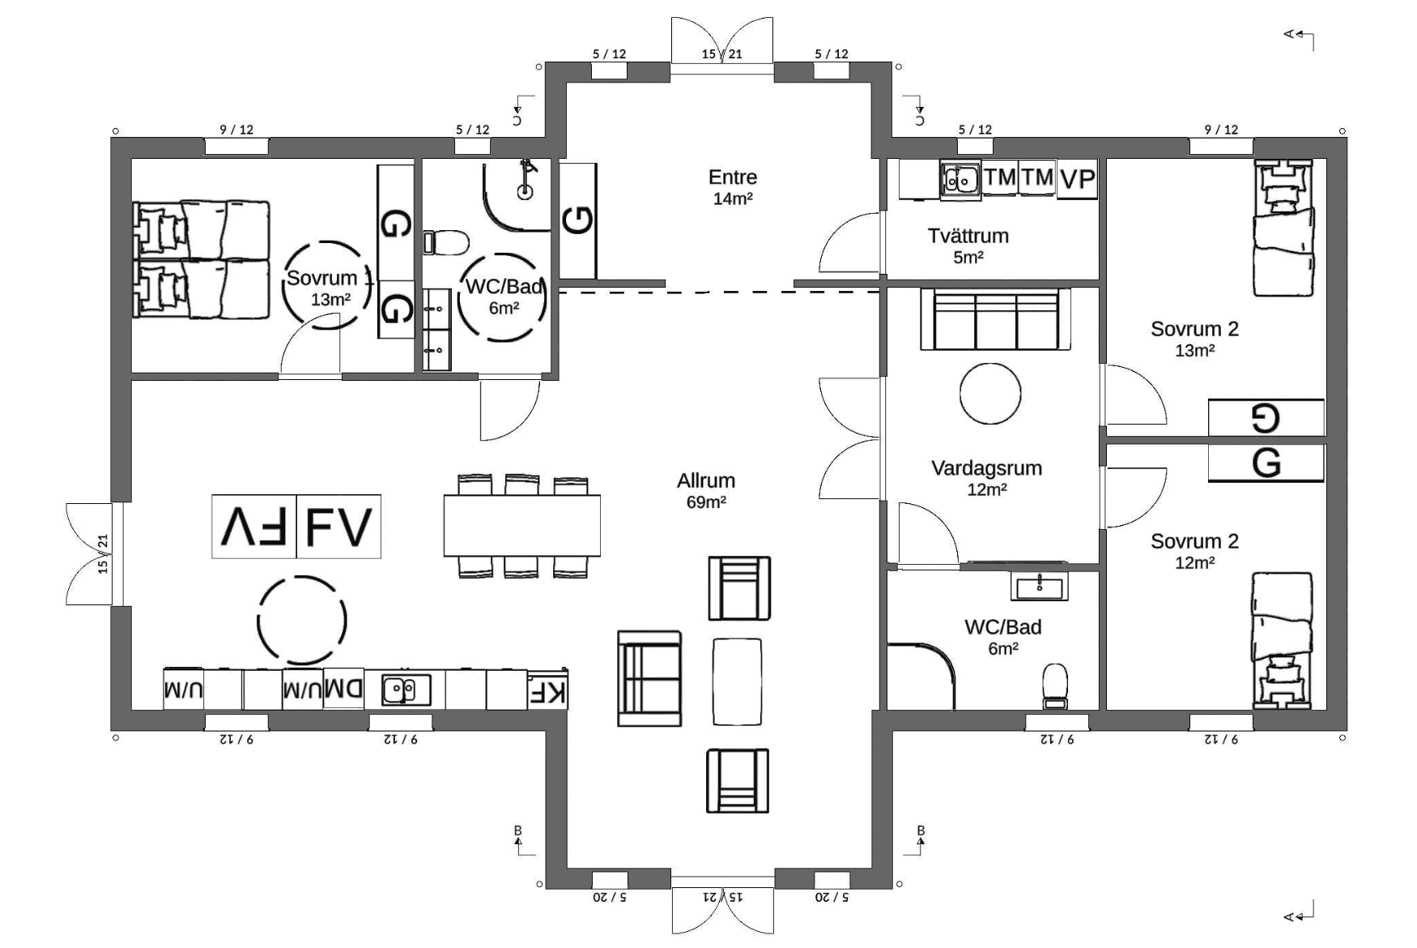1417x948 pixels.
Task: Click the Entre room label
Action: pos(733,187)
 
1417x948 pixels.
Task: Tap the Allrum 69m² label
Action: pos(706,490)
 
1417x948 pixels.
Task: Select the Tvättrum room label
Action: pos(968,246)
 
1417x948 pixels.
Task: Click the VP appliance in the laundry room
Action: pos(1078,179)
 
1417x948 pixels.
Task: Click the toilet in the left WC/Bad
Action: pos(446,241)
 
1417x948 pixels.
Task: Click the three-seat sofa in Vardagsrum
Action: pos(996,319)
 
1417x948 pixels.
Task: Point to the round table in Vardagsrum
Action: pos(989,393)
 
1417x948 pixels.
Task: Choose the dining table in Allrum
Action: pos(521,525)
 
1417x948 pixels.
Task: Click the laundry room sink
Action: pos(961,180)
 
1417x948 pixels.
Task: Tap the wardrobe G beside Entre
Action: pos(578,220)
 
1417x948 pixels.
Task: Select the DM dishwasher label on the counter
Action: pos(344,690)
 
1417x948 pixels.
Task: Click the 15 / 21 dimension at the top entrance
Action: pos(721,54)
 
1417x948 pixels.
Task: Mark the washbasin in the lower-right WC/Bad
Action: pos(1039,586)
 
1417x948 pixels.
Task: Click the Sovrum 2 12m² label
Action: pos(1194,551)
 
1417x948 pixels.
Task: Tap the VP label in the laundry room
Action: pos(1078,179)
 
